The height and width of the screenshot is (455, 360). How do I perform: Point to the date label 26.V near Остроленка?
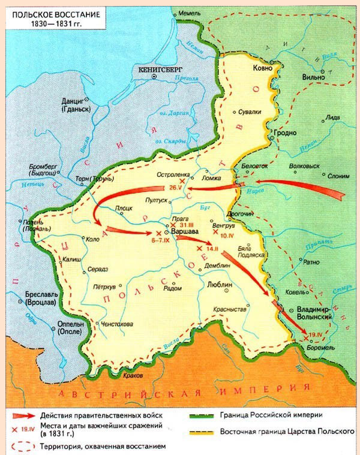[167, 187]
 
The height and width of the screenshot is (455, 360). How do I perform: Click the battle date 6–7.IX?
[160, 240]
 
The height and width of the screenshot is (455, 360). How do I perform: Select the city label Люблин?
[218, 286]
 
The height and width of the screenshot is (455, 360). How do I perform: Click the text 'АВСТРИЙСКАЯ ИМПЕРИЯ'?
[180, 393]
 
